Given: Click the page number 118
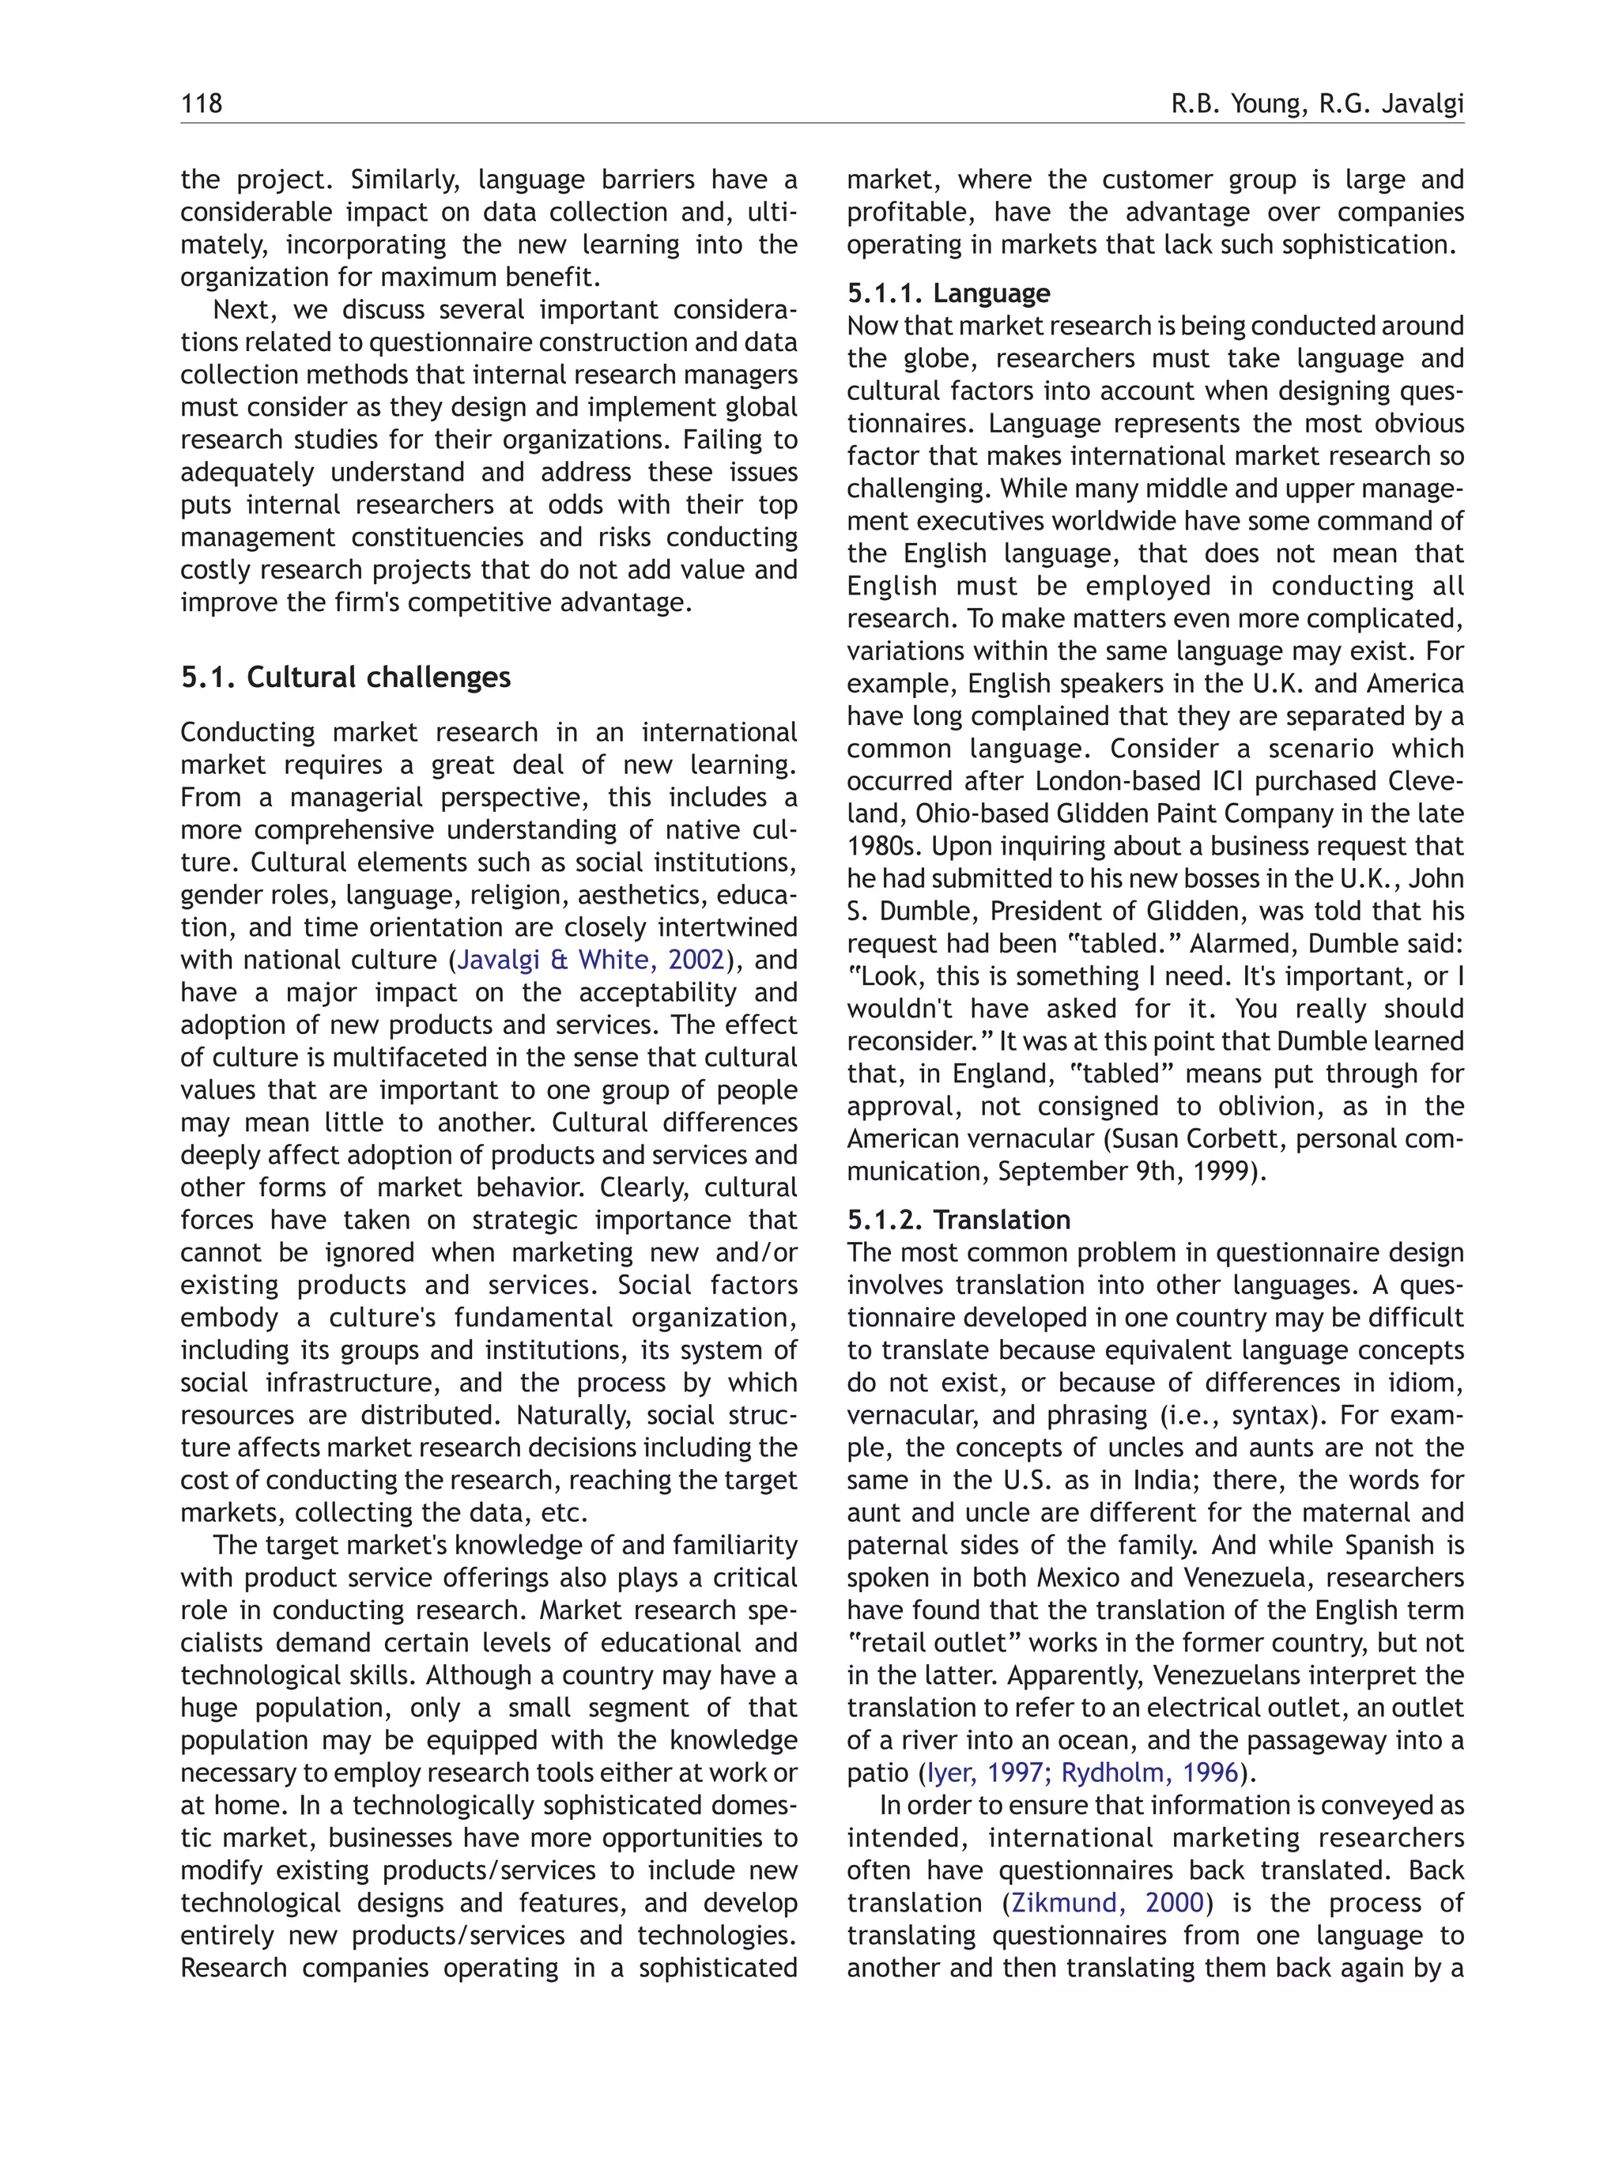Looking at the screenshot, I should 201,104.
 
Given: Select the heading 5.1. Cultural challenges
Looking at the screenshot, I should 345,678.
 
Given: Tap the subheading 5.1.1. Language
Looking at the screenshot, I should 948,293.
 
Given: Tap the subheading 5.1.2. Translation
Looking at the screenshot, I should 957,1220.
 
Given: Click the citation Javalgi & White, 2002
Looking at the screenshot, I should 591,961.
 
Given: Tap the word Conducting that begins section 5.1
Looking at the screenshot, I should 249,733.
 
